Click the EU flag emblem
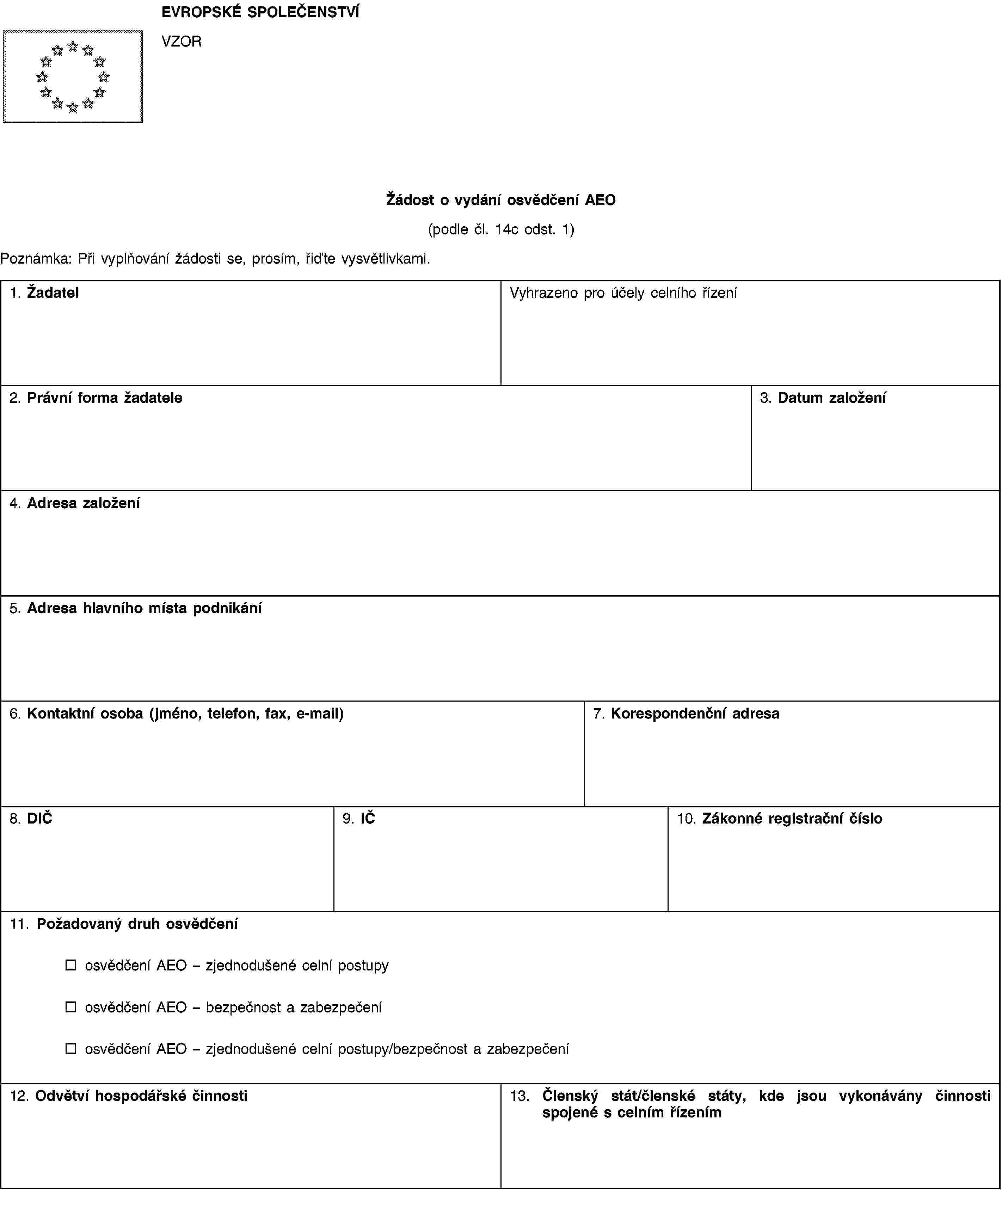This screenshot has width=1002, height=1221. (x=73, y=76)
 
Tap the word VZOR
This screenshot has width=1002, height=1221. (x=181, y=42)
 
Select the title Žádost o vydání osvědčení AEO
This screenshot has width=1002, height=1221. (x=500, y=200)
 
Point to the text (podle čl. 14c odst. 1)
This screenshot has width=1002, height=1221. (x=500, y=230)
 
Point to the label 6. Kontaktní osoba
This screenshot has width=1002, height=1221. (x=177, y=714)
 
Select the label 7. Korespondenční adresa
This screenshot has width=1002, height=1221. (x=686, y=714)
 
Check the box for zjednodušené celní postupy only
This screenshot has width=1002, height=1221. (x=70, y=965)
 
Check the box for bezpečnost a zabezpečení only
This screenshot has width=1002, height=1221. (x=70, y=1007)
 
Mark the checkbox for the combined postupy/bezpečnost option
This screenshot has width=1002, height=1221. (x=70, y=1048)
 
